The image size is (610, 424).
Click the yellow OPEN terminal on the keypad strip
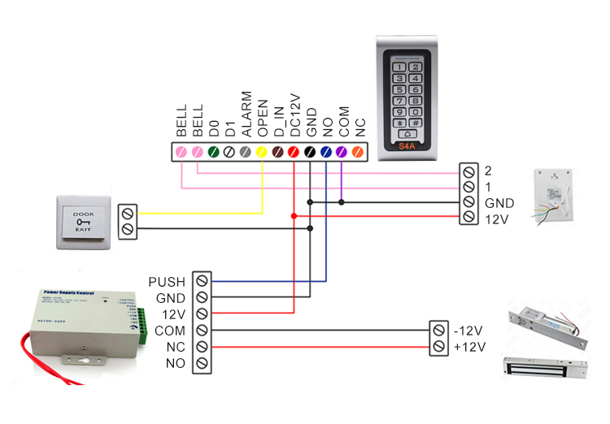(x=262, y=151)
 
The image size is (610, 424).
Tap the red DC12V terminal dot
(x=294, y=151)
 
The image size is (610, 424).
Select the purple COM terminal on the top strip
(x=342, y=151)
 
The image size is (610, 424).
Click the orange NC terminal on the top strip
(x=358, y=151)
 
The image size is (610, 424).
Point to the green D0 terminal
(x=214, y=151)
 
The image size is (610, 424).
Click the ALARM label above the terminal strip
(x=246, y=113)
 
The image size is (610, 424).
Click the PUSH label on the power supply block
(x=168, y=282)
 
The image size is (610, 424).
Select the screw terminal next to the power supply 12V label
(x=202, y=314)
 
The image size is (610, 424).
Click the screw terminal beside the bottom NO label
(x=202, y=363)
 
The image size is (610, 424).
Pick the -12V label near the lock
(x=470, y=331)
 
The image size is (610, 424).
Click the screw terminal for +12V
(x=439, y=347)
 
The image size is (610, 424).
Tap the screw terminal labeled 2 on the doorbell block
(x=468, y=171)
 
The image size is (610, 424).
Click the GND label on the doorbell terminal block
(x=499, y=202)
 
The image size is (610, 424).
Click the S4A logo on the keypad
(x=408, y=147)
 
